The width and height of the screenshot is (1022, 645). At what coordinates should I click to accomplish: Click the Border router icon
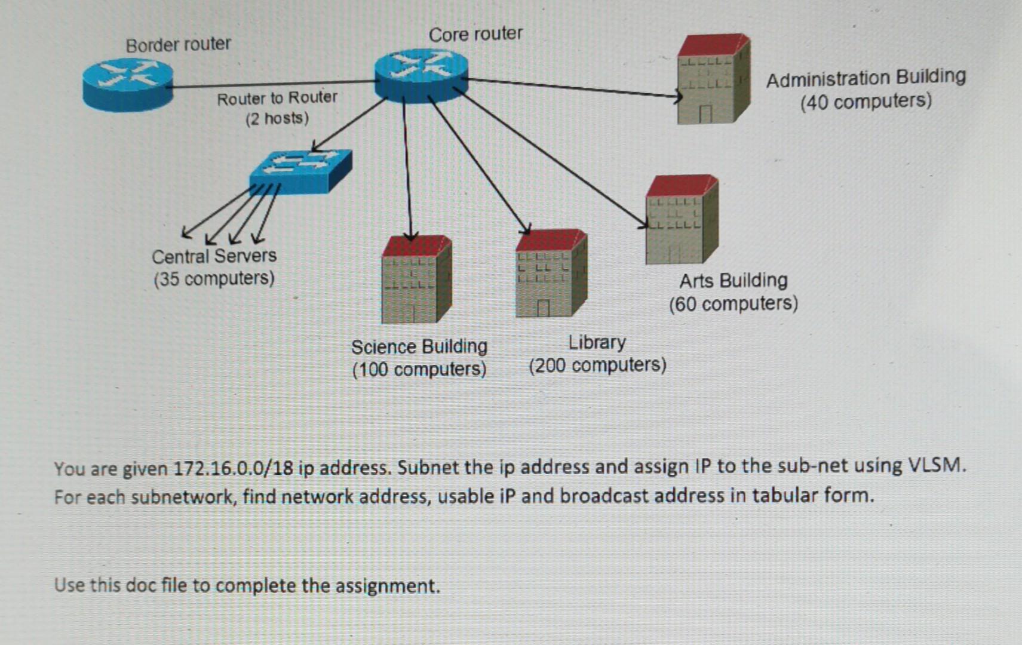tap(128, 85)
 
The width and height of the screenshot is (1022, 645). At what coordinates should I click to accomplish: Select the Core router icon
tap(422, 76)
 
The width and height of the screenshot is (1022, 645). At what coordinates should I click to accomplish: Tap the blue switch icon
tap(300, 171)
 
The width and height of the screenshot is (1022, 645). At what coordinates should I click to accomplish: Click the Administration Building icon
tap(713, 80)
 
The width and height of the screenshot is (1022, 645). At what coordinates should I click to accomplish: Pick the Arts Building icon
tap(682, 220)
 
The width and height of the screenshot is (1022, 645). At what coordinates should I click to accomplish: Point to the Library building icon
tap(551, 274)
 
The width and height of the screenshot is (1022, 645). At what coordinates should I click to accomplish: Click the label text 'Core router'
tap(475, 34)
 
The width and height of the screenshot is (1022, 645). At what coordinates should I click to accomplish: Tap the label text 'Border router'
tap(178, 45)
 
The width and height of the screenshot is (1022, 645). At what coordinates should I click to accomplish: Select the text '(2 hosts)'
tap(277, 118)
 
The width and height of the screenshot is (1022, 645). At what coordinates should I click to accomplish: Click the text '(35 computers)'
tap(214, 279)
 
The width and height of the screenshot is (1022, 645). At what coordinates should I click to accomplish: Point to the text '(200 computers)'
tap(597, 365)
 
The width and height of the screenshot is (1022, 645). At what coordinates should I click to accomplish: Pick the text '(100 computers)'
tap(419, 369)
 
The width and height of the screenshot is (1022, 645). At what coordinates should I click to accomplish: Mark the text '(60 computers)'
tap(733, 304)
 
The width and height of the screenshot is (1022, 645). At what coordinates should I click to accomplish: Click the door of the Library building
tap(543, 308)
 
